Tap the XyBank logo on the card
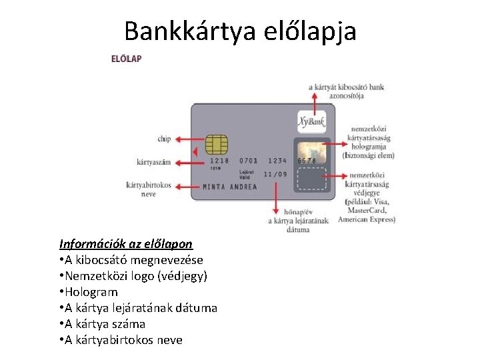[x=311, y=122]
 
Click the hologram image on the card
[x=311, y=153]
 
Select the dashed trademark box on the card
[x=311, y=179]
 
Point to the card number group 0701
[x=248, y=161]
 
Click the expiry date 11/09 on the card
[x=275, y=175]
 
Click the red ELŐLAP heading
[x=126, y=59]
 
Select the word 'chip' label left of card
[x=164, y=139]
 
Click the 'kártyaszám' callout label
[x=153, y=162]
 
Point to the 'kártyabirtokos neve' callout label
[x=149, y=189]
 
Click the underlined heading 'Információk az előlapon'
[x=126, y=244]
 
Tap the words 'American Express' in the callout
[x=367, y=219]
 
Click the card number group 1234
[x=277, y=161]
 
